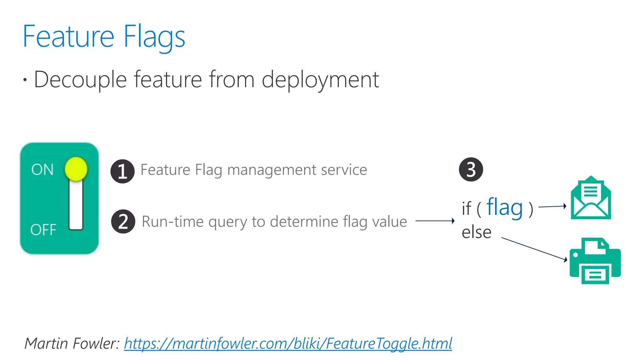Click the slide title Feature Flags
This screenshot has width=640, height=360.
(104, 37)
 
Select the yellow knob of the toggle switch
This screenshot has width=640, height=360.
(76, 169)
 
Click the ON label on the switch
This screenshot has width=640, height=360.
(42, 170)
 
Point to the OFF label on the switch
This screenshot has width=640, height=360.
(43, 230)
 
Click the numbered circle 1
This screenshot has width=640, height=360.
(122, 171)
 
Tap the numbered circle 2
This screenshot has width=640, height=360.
(123, 221)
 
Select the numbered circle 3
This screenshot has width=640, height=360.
(471, 169)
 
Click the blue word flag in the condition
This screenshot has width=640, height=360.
(505, 208)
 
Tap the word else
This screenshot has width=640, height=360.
(477, 232)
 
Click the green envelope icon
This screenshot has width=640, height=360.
(591, 198)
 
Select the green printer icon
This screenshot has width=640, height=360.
(595, 261)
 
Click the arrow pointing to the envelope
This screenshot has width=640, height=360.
(552, 207)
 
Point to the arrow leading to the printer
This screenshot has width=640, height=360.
(534, 249)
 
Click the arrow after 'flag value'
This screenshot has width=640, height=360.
(435, 221)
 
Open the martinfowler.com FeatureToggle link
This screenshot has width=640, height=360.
(288, 343)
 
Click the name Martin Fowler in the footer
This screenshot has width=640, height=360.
(72, 343)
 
